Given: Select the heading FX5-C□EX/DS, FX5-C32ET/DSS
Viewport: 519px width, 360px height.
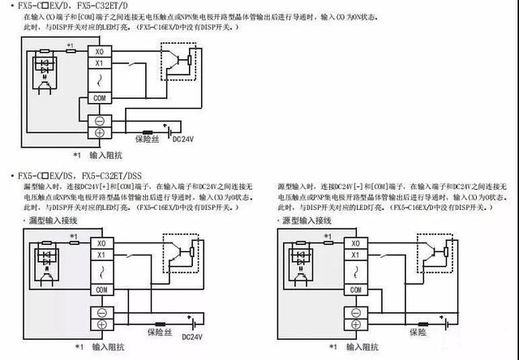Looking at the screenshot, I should coord(78,175).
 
